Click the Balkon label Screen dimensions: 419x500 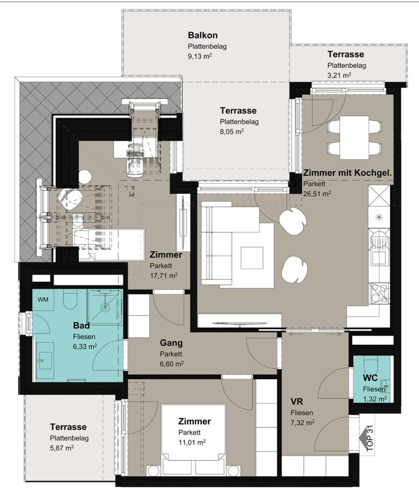(x=203, y=35)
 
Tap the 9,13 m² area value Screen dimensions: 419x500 (x=200, y=57)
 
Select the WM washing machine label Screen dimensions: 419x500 (x=42, y=299)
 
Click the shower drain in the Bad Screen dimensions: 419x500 (x=105, y=308)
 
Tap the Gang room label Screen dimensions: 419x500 (x=171, y=343)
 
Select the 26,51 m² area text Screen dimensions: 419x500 (x=317, y=193)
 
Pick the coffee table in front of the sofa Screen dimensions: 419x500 (x=252, y=258)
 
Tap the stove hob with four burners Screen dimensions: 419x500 (x=379, y=293)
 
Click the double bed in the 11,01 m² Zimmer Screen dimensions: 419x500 (x=193, y=440)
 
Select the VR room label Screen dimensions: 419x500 (x=296, y=401)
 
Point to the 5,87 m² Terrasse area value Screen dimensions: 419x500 (x=62, y=448)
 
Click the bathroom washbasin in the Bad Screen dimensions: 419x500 (x=43, y=360)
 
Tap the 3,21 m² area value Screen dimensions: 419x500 (x=339, y=75)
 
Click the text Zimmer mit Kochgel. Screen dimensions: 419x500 (x=347, y=173)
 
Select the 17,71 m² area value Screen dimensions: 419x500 (x=164, y=275)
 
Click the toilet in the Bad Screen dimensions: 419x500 (x=70, y=299)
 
